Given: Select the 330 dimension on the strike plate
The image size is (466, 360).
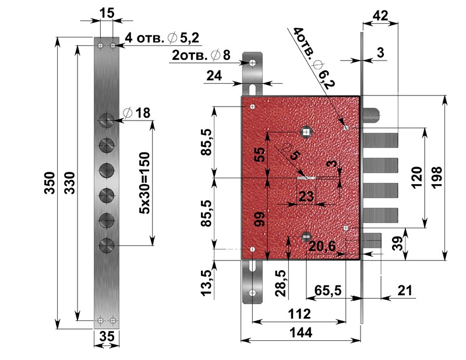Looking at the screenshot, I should pos(69,183).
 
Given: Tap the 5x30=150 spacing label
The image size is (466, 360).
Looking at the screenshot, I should pos(144,183).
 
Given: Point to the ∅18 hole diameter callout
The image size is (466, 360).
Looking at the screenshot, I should pos(138,113).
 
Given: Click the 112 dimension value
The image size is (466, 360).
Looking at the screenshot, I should pos(298,314).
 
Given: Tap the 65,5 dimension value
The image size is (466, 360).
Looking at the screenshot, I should pos(327,289).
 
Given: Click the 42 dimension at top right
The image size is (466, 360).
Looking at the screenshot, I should pos(382,17).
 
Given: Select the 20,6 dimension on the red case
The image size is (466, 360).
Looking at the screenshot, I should pos(322,247).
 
